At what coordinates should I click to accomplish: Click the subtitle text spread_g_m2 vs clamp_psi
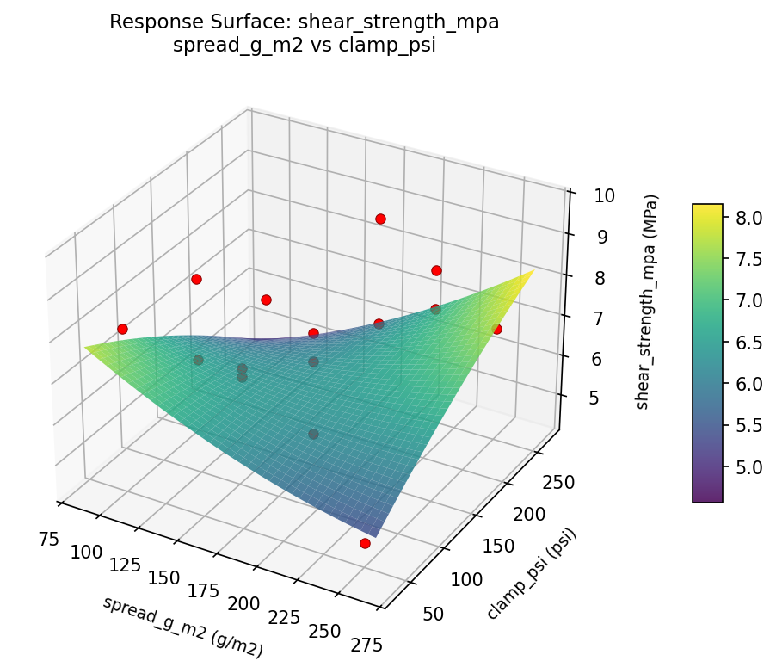(x=304, y=46)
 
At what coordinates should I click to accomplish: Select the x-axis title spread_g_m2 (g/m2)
(x=182, y=627)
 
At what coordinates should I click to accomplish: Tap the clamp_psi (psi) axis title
(x=531, y=574)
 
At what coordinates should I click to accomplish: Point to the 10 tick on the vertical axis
(x=602, y=195)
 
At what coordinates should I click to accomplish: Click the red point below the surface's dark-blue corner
(x=365, y=543)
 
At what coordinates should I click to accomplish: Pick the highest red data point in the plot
(x=380, y=219)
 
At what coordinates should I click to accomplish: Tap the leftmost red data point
(x=122, y=329)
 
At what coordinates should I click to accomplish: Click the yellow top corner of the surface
(x=533, y=271)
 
